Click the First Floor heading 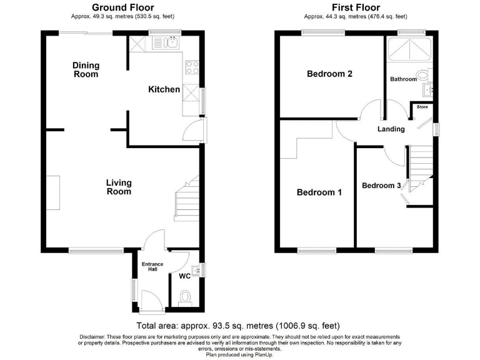[x=356, y=7]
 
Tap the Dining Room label [x=86, y=69]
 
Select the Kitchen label [x=164, y=89]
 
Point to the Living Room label [x=118, y=187]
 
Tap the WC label [x=185, y=276]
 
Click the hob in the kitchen [x=191, y=68]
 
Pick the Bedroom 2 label [x=329, y=74]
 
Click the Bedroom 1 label [x=319, y=192]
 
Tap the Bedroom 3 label [x=381, y=186]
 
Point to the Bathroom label [x=403, y=79]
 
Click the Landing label [x=391, y=129]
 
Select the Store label [x=422, y=107]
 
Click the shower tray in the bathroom [x=409, y=48]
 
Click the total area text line [x=240, y=326]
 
